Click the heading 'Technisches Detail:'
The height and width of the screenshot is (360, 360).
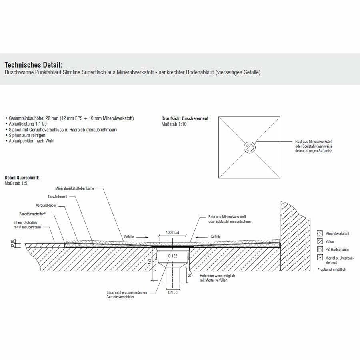33,65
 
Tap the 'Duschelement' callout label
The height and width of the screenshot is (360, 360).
58,196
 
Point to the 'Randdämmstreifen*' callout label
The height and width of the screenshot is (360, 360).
34,214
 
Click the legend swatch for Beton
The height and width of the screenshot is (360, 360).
319,242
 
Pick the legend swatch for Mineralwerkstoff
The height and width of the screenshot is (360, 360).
319,233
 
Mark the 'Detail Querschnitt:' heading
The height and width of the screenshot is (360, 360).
22,177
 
